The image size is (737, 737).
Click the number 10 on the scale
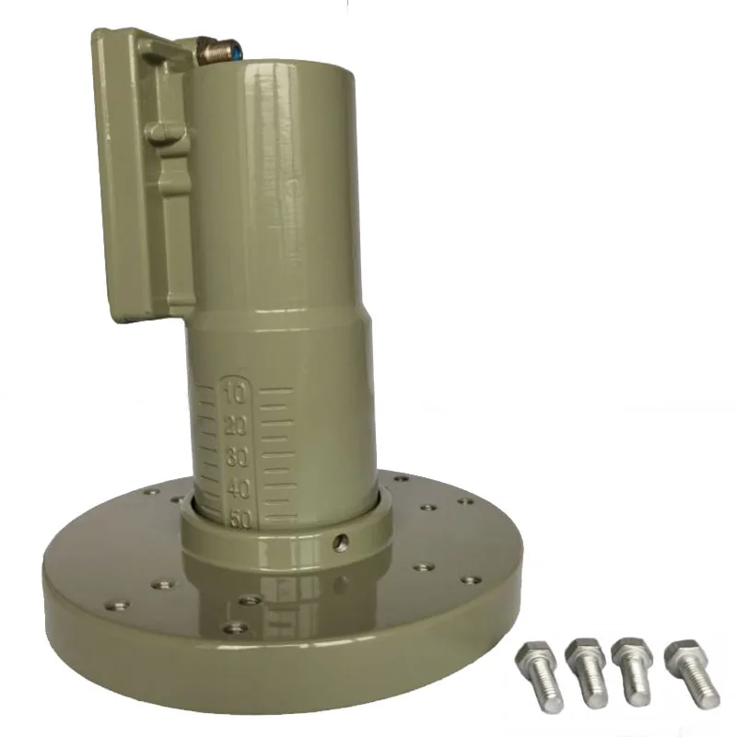[234, 394]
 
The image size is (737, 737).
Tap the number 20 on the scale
[235, 426]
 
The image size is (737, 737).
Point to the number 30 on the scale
[238, 456]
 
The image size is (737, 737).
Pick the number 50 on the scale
[241, 518]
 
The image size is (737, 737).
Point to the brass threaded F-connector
[215, 49]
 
